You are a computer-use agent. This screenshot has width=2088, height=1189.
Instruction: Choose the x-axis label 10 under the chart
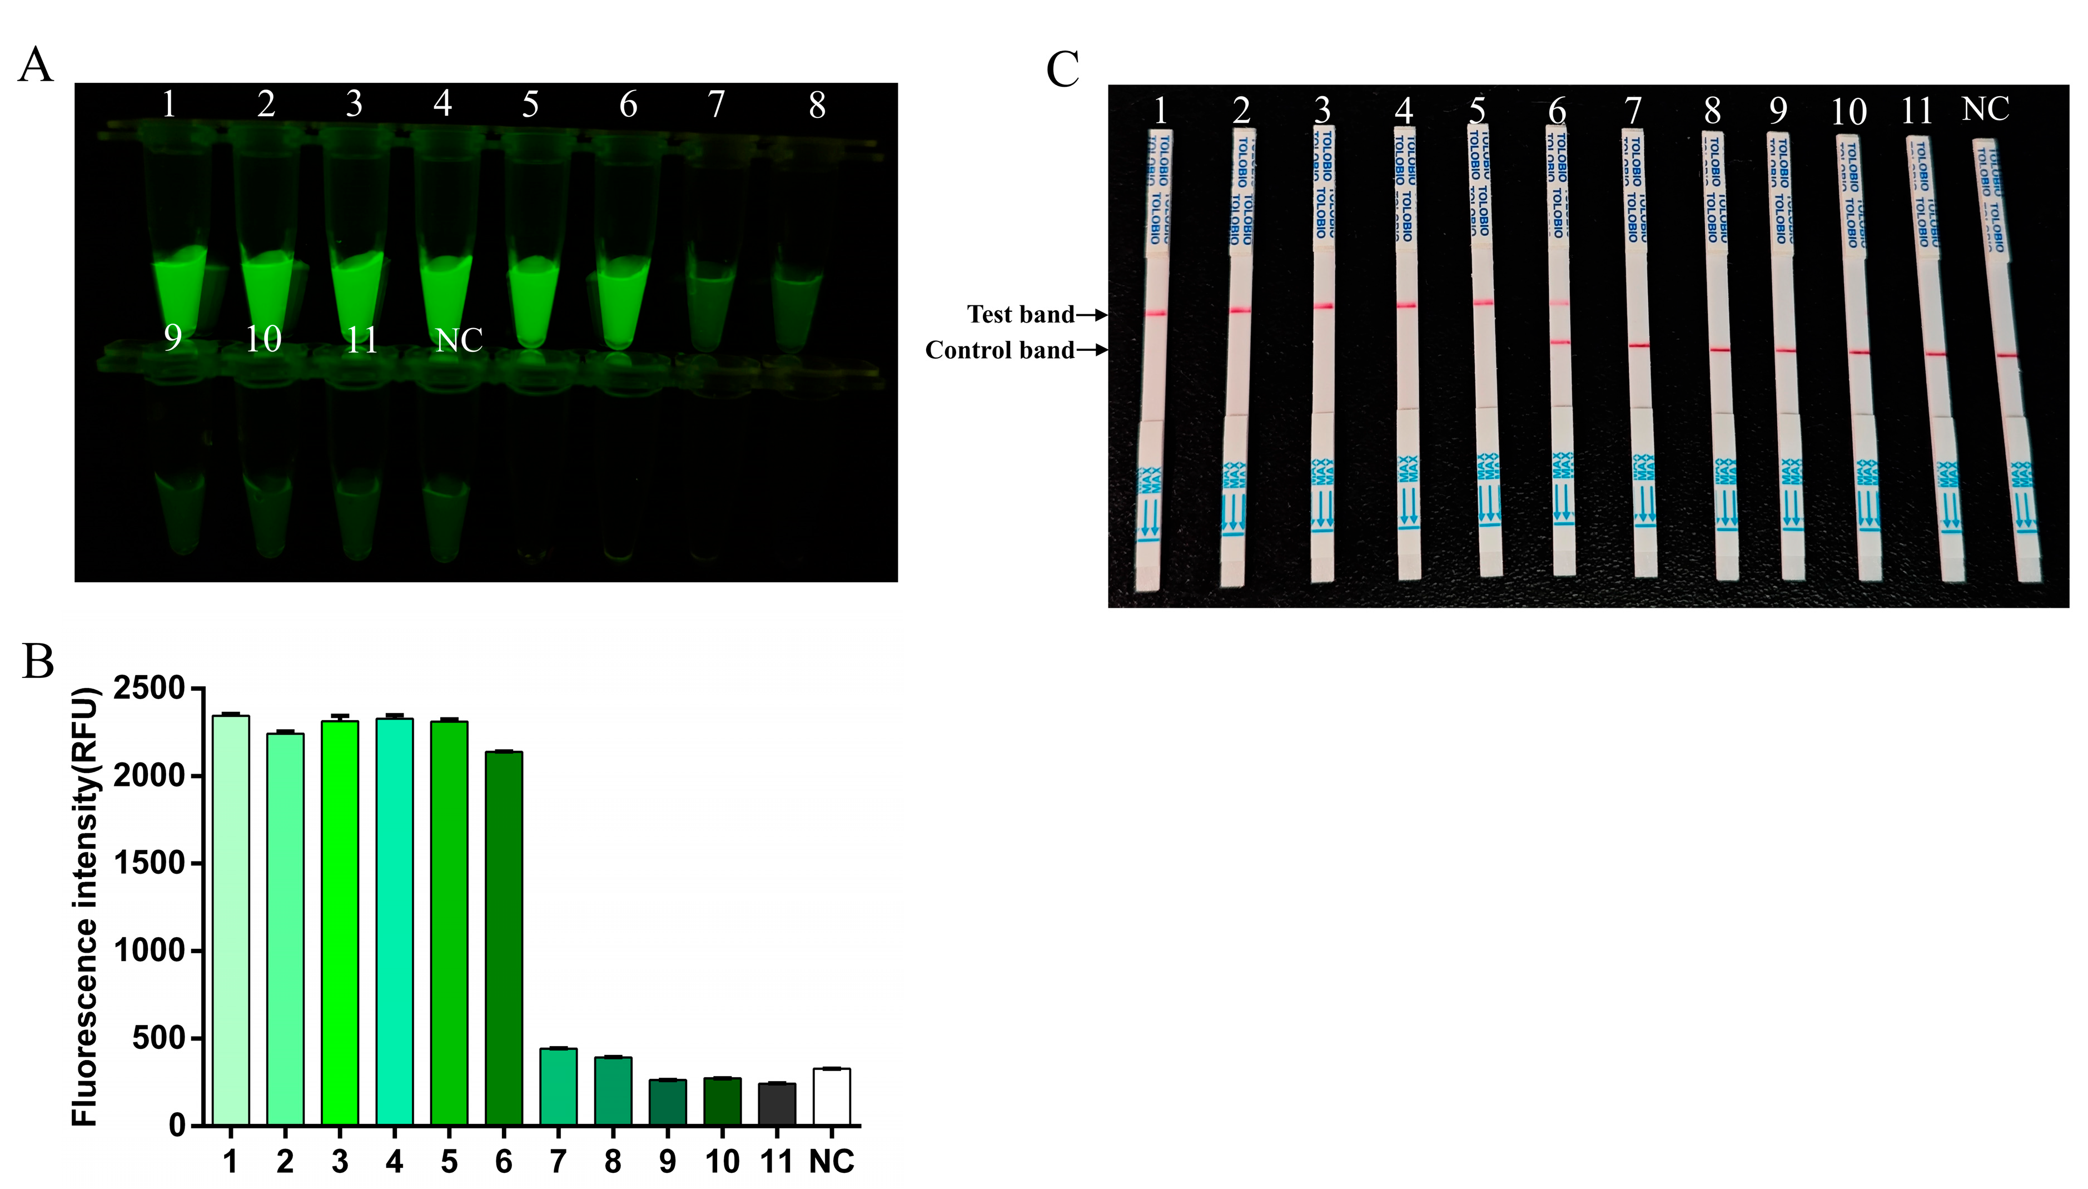click(722, 1161)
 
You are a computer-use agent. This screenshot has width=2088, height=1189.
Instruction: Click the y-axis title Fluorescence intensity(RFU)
click(85, 906)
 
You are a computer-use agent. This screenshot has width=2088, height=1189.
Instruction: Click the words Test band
click(1020, 314)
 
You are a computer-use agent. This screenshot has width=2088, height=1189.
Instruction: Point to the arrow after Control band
click(1092, 350)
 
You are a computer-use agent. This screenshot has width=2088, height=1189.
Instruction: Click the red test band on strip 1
click(1156, 313)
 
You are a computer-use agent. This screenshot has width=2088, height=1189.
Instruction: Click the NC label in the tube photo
click(459, 340)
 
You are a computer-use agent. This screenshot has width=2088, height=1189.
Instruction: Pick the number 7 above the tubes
click(716, 105)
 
